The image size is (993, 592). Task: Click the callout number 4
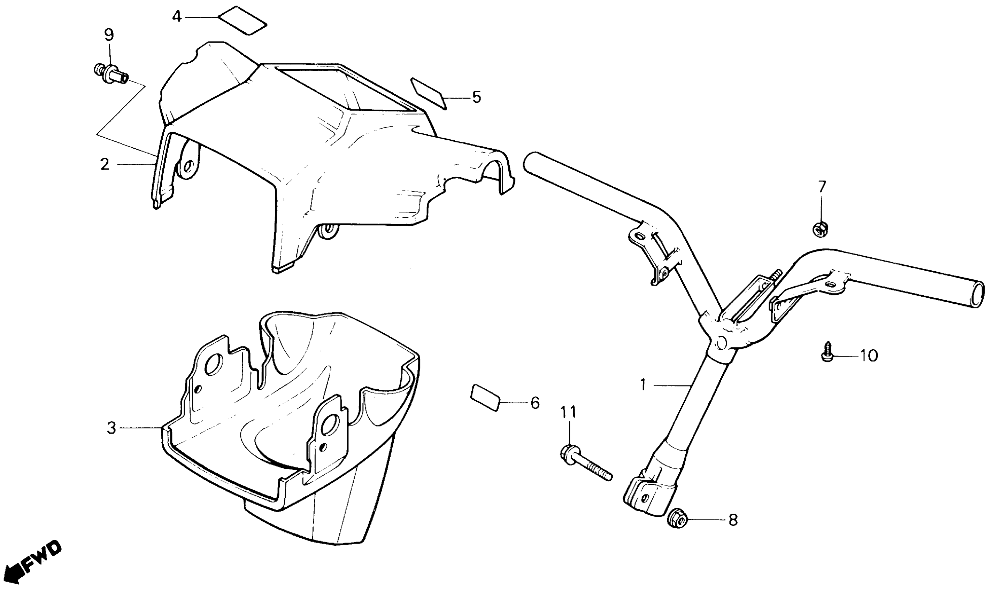point(177,17)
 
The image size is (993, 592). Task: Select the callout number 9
point(109,35)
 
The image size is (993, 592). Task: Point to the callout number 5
point(477,97)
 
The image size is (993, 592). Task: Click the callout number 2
point(105,164)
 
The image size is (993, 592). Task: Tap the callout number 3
point(111,428)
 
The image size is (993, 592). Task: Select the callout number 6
point(535,403)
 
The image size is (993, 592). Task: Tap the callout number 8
point(733,520)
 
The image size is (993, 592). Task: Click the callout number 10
point(869,356)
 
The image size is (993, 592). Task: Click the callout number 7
point(822,186)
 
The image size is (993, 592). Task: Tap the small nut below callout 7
point(820,229)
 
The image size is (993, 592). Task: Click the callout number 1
point(642,385)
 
